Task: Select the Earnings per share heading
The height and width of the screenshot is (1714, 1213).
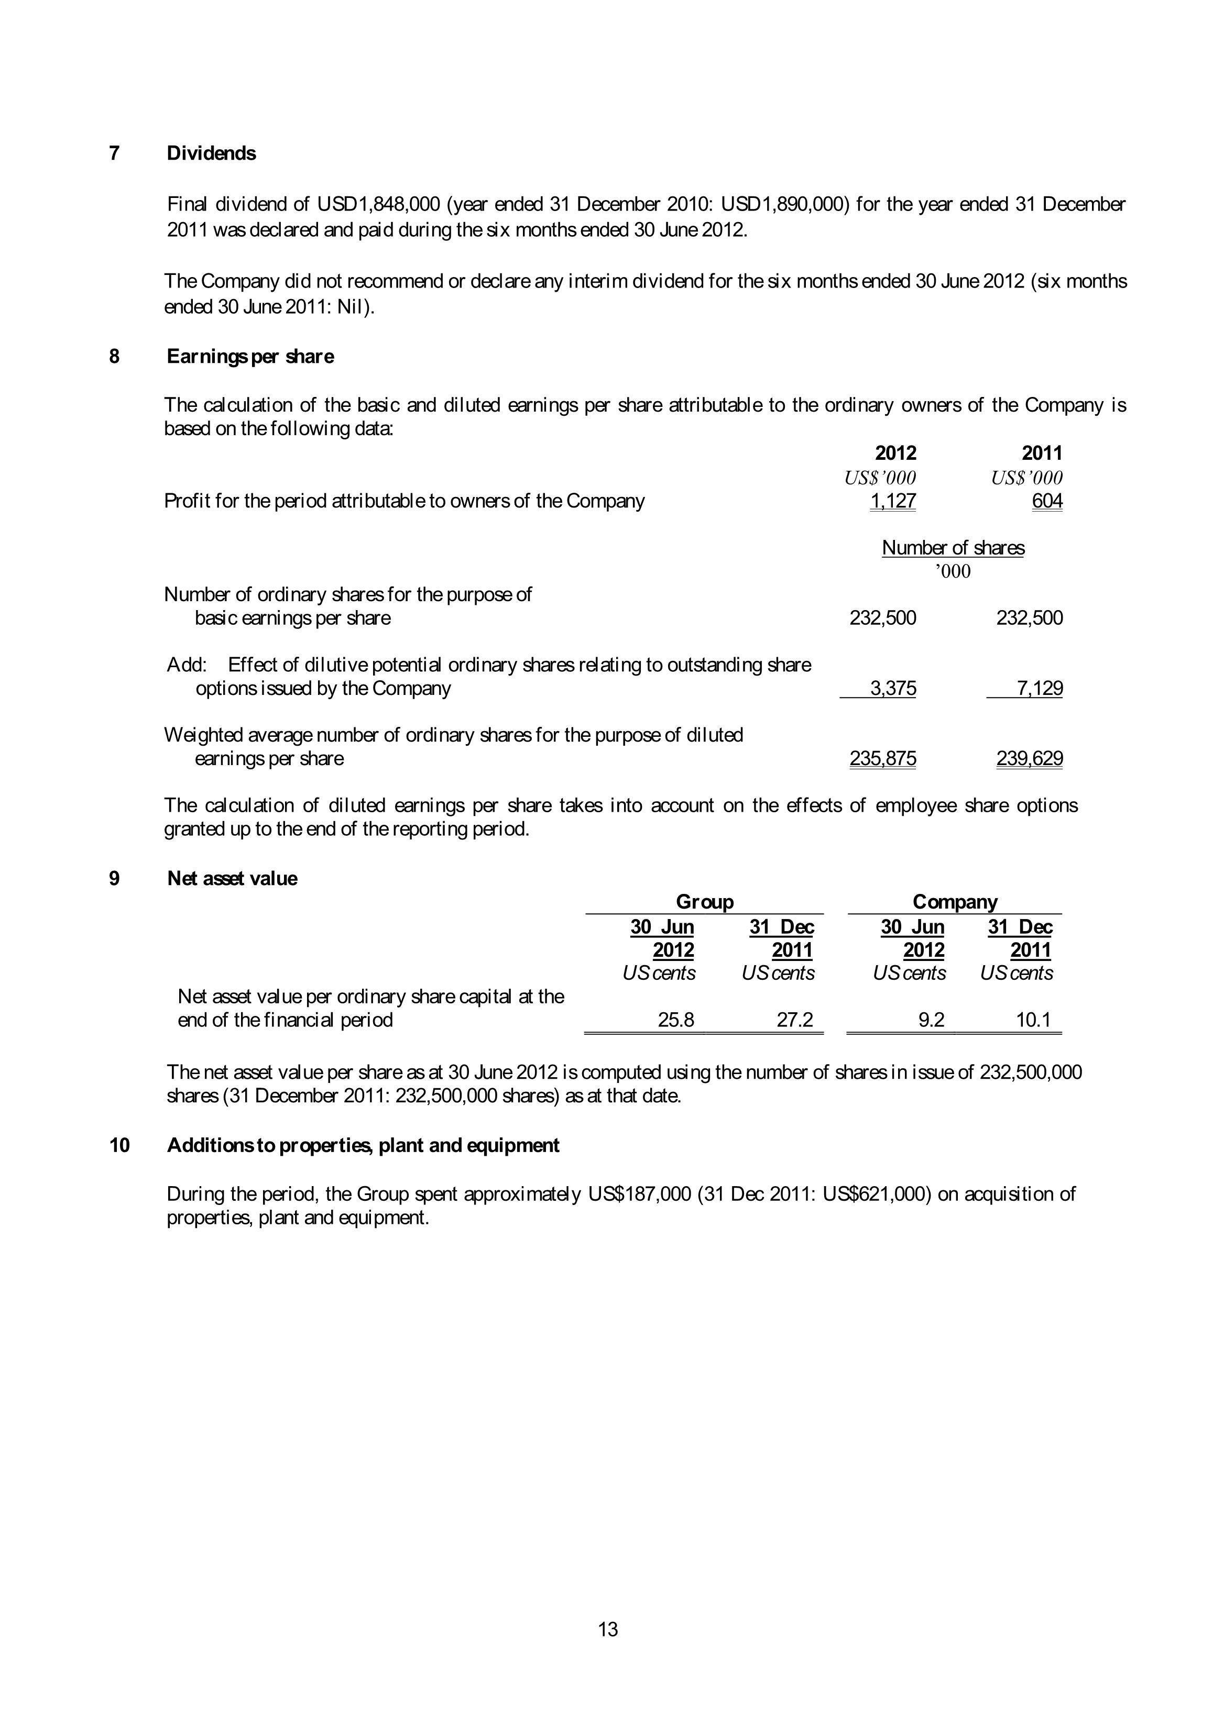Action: pos(250,357)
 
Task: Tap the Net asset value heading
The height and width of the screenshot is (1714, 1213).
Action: pos(232,879)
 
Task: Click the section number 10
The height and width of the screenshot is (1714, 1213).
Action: pos(119,1145)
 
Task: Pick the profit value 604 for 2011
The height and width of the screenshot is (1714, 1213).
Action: pos(1047,501)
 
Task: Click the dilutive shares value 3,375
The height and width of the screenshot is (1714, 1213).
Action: pos(893,688)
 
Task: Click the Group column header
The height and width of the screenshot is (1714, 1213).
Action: pos(704,902)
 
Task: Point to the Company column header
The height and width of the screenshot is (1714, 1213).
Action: pos(955,902)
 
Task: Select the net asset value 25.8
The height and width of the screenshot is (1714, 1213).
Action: pos(676,1020)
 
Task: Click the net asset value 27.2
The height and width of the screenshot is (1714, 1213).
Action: pos(795,1020)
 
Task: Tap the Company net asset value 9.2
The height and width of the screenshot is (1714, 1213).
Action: pos(932,1020)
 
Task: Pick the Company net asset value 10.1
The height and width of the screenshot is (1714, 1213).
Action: pos(1034,1020)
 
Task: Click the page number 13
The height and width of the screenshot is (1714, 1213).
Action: pos(608,1629)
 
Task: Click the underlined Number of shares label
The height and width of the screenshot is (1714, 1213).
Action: pos(953,548)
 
